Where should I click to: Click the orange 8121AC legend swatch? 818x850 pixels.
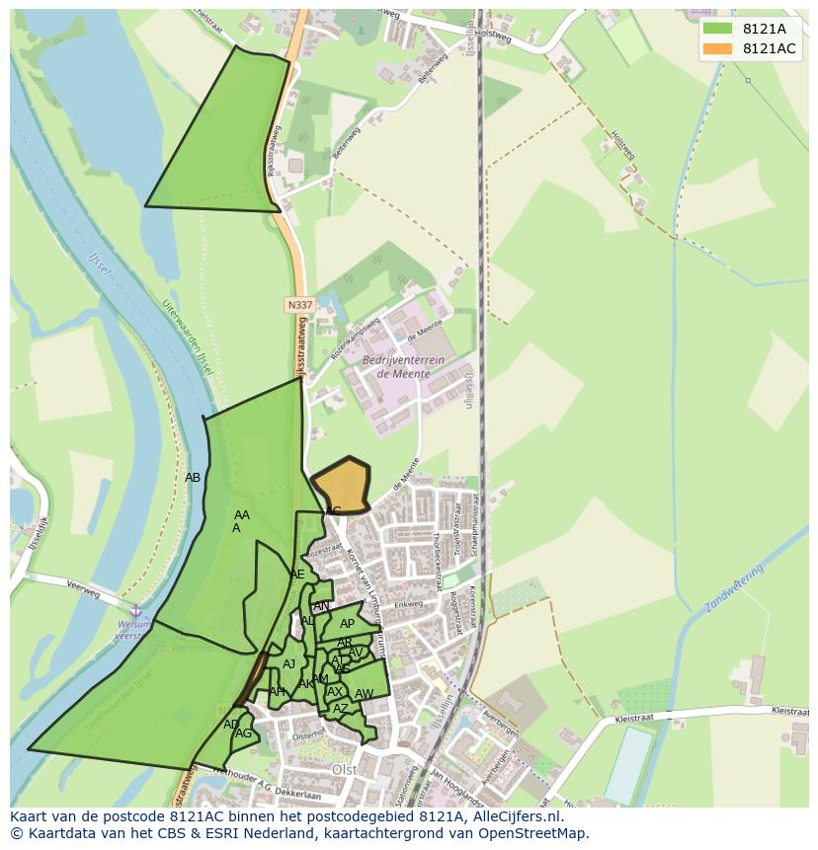[718, 49]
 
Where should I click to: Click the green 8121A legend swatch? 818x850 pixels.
[718, 29]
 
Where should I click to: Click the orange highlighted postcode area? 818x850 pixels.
[342, 486]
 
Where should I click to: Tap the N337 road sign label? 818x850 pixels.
[300, 305]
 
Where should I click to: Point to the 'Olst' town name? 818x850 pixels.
[345, 769]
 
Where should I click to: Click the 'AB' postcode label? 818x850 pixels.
[193, 478]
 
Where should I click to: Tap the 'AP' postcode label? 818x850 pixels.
[347, 624]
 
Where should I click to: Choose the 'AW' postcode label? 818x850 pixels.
[364, 694]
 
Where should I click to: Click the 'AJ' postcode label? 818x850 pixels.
[288, 664]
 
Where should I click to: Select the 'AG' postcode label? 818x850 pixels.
[243, 734]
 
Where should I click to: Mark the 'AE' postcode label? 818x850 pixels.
[297, 575]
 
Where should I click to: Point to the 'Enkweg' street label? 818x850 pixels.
[408, 604]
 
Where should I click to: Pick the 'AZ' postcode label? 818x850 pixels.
[340, 709]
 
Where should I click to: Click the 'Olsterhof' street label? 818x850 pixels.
[307, 734]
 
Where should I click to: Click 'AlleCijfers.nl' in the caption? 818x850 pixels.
[513, 816]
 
